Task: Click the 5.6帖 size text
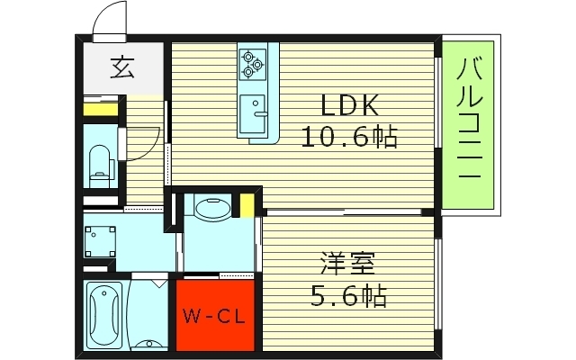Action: [349, 294]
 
